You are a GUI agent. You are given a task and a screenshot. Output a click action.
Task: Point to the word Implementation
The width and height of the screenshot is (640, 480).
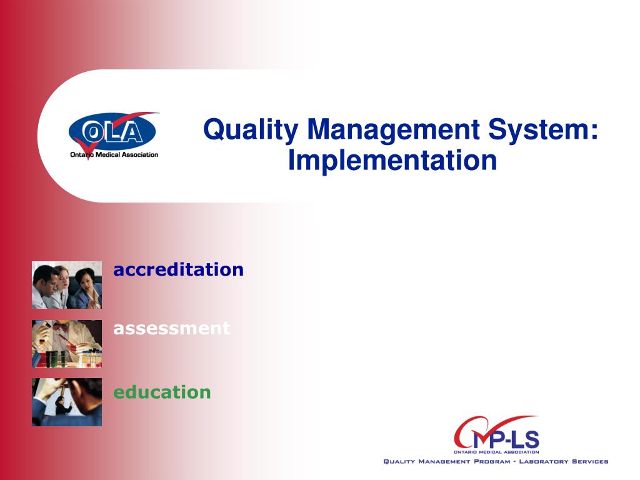point(392,160)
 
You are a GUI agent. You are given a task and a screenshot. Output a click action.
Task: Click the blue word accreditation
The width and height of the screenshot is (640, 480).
point(178,269)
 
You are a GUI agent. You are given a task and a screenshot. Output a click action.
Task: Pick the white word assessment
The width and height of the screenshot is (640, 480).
point(171,327)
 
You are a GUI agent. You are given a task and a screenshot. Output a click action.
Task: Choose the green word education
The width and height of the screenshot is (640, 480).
point(162,392)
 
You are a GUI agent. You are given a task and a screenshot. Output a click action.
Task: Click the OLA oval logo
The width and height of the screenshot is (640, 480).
point(112,132)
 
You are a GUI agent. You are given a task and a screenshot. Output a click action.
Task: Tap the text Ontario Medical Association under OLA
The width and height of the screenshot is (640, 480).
point(114,155)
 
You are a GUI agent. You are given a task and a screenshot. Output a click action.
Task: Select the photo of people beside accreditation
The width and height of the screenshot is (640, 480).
point(67,286)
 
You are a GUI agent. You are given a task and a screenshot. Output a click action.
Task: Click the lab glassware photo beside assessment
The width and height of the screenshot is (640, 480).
point(67,344)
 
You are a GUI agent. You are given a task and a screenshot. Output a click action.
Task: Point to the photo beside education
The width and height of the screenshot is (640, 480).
point(67,402)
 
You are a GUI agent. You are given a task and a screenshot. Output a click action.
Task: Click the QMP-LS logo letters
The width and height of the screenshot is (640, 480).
point(497,437)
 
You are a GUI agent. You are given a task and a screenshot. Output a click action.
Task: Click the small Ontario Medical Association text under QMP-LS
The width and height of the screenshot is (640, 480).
point(496,451)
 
